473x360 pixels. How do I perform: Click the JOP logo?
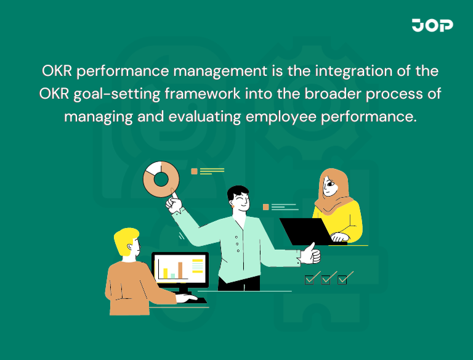point(432,25)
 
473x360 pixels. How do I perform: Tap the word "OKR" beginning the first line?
point(57,71)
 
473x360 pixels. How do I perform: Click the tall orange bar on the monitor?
point(180,269)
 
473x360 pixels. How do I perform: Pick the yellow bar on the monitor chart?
point(165,272)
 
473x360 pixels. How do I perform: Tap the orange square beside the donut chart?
point(194,171)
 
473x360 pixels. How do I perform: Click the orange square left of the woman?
point(266,207)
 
